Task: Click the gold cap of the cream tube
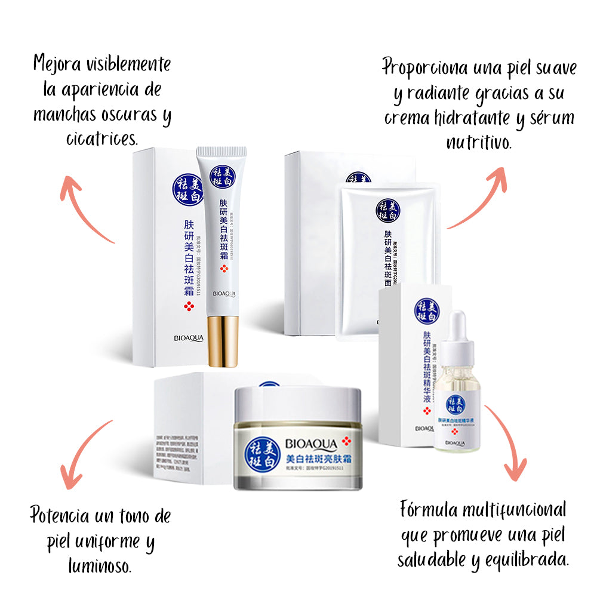coord(223,341)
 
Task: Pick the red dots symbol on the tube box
coord(189,307)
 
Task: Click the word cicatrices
coord(101,139)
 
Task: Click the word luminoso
coord(100,564)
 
